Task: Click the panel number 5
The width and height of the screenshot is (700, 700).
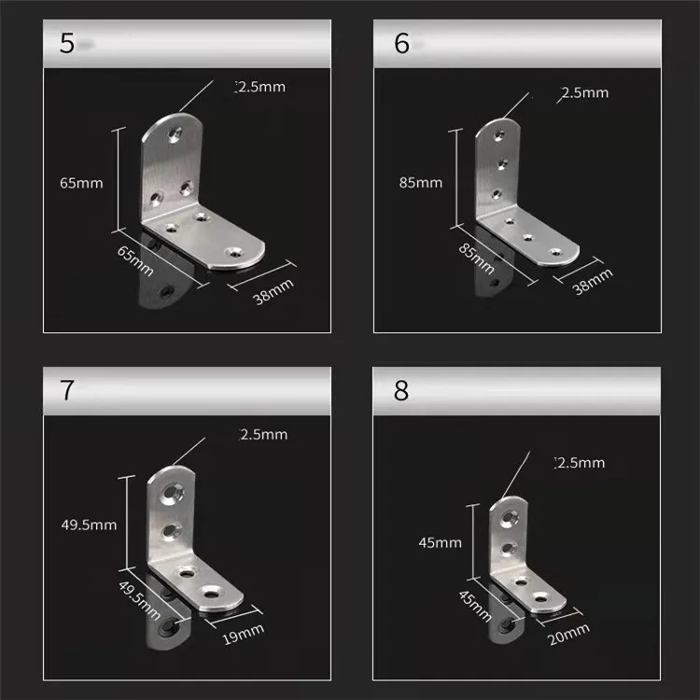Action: (66, 44)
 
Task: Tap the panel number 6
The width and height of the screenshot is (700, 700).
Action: (401, 44)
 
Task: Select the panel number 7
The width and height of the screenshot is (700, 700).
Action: (66, 389)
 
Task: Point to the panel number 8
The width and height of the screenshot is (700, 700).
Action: (401, 389)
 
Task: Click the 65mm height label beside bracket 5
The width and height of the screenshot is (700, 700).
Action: (81, 184)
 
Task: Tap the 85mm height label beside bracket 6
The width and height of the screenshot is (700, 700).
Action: (420, 183)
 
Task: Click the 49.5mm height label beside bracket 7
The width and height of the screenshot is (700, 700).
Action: (88, 525)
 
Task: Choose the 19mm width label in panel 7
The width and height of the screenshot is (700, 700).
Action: (244, 635)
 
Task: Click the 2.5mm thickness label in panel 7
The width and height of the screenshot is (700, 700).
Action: (264, 434)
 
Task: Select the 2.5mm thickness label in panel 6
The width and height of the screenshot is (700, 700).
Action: (584, 93)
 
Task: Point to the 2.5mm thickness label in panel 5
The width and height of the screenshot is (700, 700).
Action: (260, 88)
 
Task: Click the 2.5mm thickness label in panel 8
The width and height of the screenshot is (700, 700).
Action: (580, 463)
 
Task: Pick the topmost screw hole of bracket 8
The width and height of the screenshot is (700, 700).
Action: (510, 514)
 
